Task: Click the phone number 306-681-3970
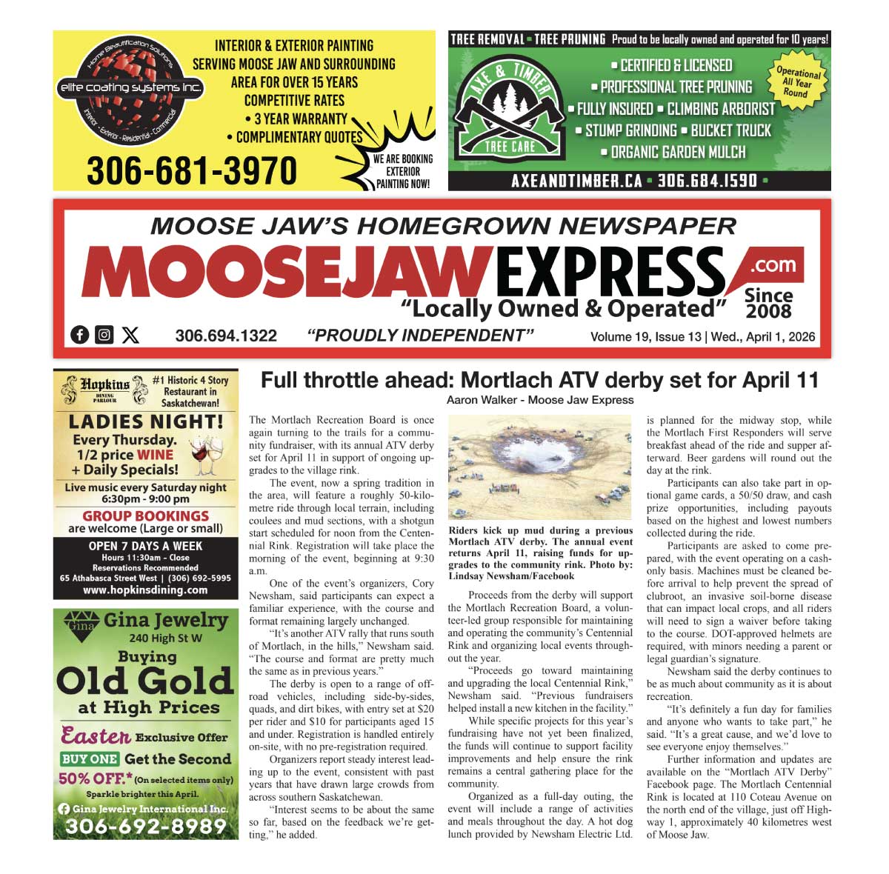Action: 192,171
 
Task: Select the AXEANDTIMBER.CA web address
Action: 576,181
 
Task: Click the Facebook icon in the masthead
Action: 80,335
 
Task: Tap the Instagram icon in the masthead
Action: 104,335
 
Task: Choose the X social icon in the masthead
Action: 130,335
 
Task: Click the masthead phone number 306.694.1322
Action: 226,336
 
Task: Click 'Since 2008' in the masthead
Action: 768,303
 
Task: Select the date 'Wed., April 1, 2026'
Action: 763,337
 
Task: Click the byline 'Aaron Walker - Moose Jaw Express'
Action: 540,400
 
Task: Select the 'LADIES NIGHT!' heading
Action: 146,422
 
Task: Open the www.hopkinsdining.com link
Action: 145,590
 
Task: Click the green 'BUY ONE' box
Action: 90,758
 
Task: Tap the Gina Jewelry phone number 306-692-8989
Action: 145,826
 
